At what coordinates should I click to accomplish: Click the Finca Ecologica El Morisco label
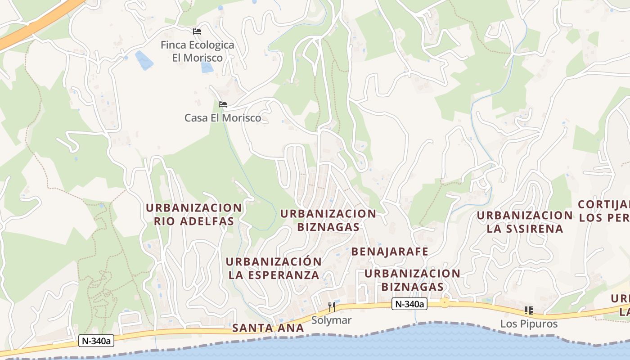pyautogui.click(x=198, y=51)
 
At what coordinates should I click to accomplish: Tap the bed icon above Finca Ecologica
pyautogui.click(x=197, y=31)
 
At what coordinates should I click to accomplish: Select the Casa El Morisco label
pyautogui.click(x=223, y=118)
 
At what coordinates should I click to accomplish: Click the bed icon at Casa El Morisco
pyautogui.click(x=222, y=104)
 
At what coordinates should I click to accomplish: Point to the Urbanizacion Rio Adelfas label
pyautogui.click(x=194, y=215)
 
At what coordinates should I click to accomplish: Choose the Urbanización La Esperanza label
pyautogui.click(x=274, y=268)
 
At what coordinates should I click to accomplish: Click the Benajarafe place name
pyautogui.click(x=390, y=252)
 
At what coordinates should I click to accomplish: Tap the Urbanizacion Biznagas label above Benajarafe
pyautogui.click(x=328, y=220)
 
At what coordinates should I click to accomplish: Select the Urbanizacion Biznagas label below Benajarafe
pyautogui.click(x=412, y=280)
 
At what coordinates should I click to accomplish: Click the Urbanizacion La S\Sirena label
pyautogui.click(x=525, y=222)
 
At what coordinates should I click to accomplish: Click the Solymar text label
pyautogui.click(x=331, y=320)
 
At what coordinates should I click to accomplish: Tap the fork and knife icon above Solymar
pyautogui.click(x=332, y=307)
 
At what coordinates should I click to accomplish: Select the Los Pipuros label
pyautogui.click(x=529, y=324)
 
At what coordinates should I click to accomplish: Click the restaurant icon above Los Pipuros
pyautogui.click(x=528, y=310)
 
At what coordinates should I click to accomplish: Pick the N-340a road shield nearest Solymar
pyautogui.click(x=409, y=304)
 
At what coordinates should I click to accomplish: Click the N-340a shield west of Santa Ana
pyautogui.click(x=96, y=341)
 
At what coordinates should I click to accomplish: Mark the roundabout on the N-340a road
pyautogui.click(x=445, y=303)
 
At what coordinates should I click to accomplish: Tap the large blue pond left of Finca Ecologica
pyautogui.click(x=144, y=60)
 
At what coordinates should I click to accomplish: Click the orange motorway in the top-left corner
pyautogui.click(x=40, y=22)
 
